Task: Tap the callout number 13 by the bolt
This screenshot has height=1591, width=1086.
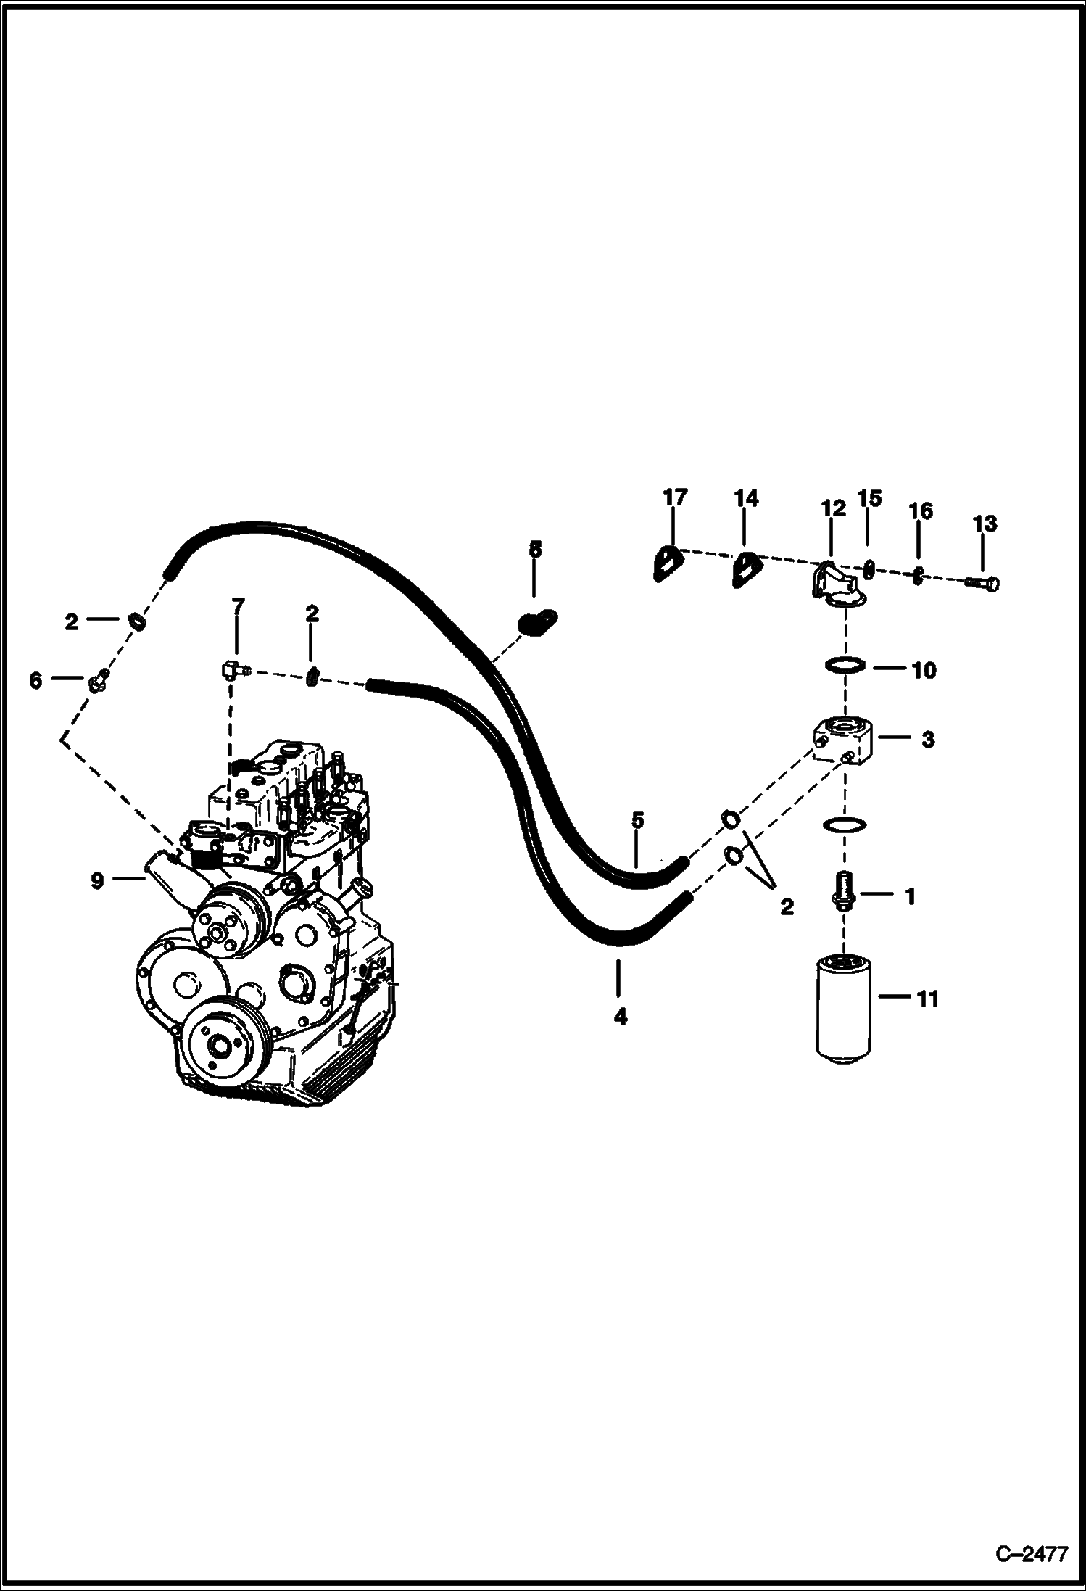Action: [x=985, y=524]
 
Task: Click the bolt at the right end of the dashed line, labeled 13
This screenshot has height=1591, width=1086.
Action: [x=985, y=582]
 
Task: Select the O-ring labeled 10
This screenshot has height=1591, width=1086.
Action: [x=845, y=664]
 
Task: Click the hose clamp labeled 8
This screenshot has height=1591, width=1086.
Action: [x=537, y=621]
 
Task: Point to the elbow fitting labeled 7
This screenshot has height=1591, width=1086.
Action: [x=231, y=669]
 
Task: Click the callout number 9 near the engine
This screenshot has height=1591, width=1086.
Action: [x=97, y=880]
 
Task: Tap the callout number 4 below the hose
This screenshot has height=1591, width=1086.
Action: [x=620, y=1017]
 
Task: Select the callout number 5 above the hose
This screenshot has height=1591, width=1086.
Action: [x=637, y=820]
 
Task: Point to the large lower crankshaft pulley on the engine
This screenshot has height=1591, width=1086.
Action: [x=223, y=1044]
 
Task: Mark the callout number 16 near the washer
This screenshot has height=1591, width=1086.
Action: [x=921, y=511]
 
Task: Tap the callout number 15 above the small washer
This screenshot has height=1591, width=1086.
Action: [x=869, y=498]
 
